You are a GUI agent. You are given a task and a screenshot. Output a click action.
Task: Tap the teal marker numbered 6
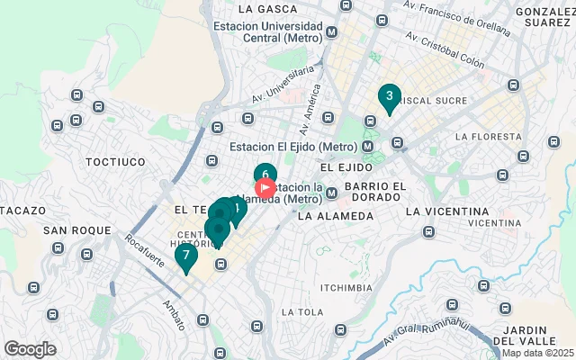point(265,175)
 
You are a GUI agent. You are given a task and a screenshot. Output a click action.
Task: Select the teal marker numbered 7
point(186,256)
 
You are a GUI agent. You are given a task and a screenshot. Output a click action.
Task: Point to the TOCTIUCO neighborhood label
point(115,161)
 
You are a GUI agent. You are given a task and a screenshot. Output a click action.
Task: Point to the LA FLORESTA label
point(489,137)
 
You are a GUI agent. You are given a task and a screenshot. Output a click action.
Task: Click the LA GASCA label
point(265,8)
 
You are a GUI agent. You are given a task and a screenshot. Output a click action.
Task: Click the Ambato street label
point(177,310)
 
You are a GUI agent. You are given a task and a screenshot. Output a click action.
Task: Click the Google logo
point(30,349)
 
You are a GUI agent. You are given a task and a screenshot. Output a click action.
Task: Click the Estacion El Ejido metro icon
point(368,147)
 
